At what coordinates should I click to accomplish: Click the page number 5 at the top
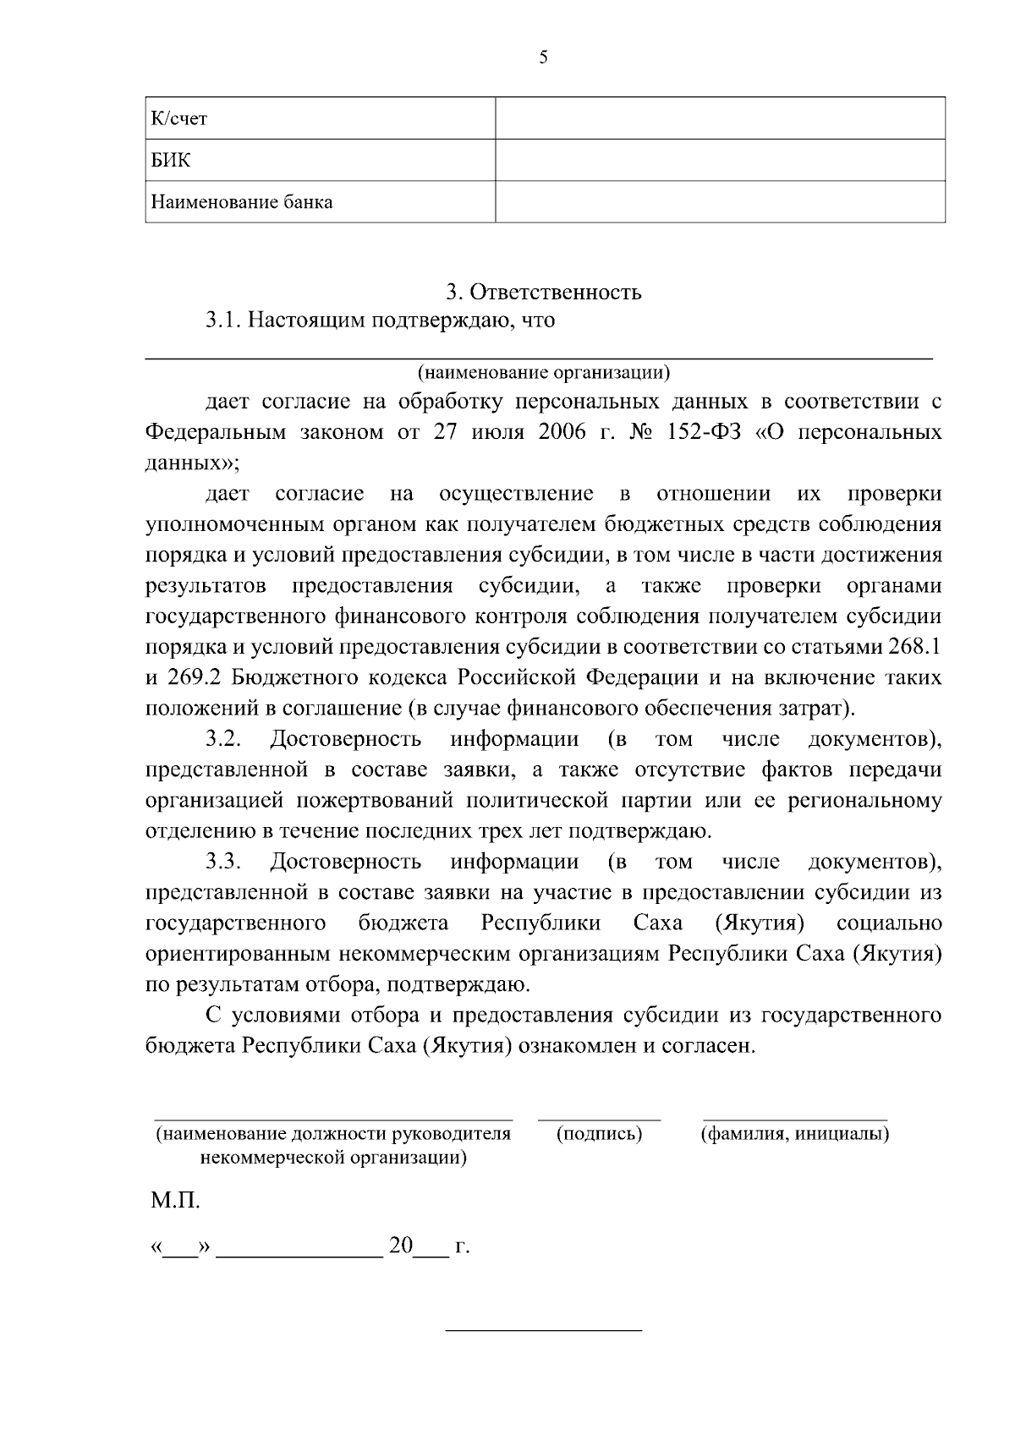pyautogui.click(x=543, y=58)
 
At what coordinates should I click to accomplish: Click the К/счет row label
pyautogui.click(x=178, y=119)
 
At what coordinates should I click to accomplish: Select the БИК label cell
pyautogui.click(x=171, y=161)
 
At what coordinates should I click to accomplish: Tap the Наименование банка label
pyautogui.click(x=242, y=203)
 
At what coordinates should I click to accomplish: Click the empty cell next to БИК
pyautogui.click(x=720, y=161)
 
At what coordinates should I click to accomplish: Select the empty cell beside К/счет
pyautogui.click(x=720, y=118)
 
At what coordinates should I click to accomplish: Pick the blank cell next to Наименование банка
pyautogui.click(x=720, y=202)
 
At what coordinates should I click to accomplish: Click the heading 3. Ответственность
pyautogui.click(x=544, y=293)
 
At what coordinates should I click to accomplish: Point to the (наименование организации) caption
pyautogui.click(x=544, y=371)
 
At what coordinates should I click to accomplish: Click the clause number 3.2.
pyautogui.click(x=223, y=739)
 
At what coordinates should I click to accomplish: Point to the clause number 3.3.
pyautogui.click(x=223, y=862)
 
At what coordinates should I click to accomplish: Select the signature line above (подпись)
pyautogui.click(x=600, y=1119)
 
